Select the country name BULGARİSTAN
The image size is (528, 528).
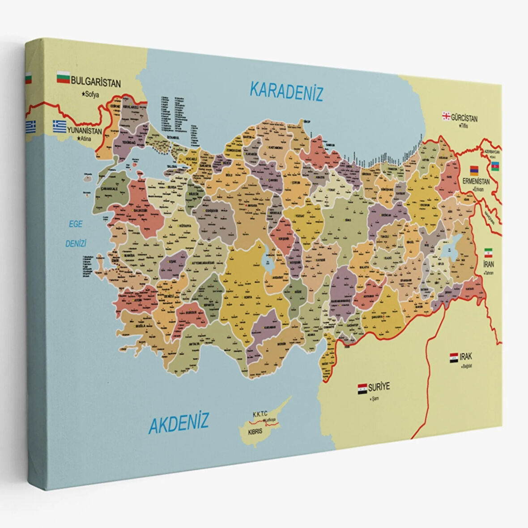click(x=96, y=83)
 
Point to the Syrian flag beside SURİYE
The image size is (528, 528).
click(x=362, y=387)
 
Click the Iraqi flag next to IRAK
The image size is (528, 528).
click(x=454, y=358)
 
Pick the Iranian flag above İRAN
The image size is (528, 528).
click(x=489, y=252)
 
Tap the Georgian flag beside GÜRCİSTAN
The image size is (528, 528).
click(x=446, y=116)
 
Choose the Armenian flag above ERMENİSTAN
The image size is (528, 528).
click(x=474, y=170)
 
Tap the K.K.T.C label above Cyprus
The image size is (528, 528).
click(x=260, y=414)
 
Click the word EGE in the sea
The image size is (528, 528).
click(x=75, y=224)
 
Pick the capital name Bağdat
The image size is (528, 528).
click(x=467, y=365)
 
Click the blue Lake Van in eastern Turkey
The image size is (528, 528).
click(x=449, y=251)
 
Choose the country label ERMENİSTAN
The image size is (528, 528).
click(x=475, y=181)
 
